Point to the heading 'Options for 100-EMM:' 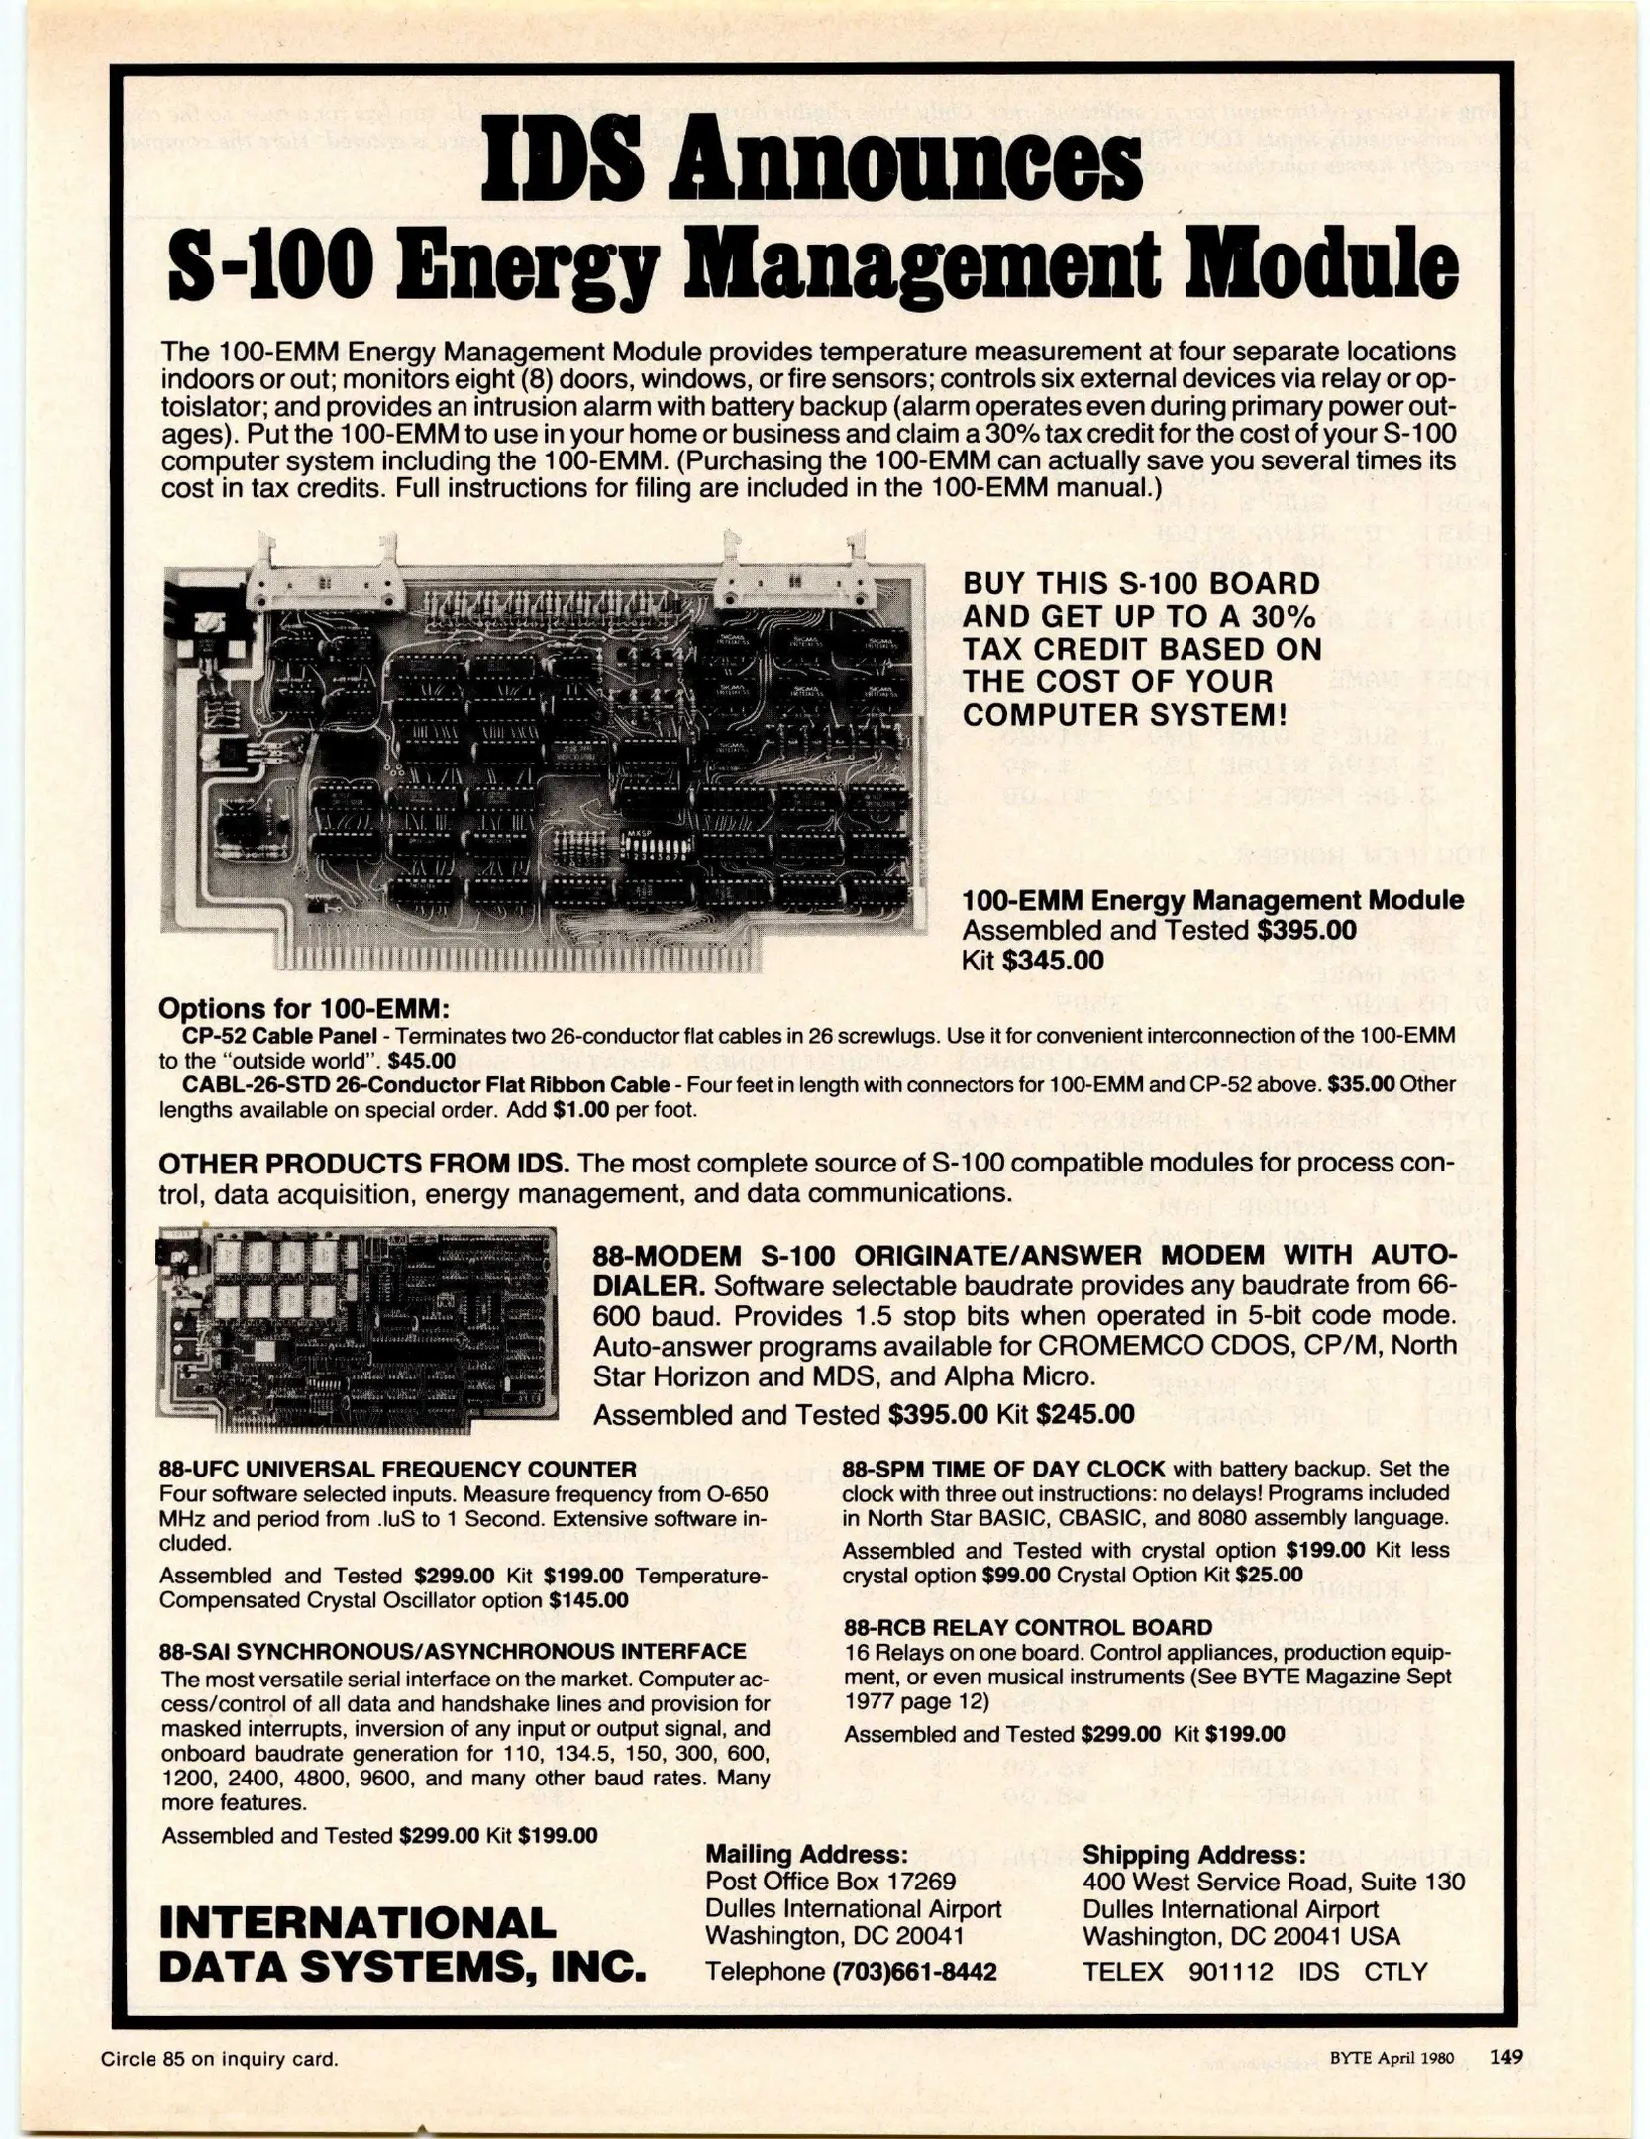point(304,1009)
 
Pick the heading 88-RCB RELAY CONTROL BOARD point(1027,1627)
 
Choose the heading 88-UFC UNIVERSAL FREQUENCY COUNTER point(397,1469)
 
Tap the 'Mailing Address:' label point(805,1854)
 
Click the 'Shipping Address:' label point(1193,1854)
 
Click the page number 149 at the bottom point(1506,2057)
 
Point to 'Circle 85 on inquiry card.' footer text point(220,2059)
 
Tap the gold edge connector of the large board point(517,956)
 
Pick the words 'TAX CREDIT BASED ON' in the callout point(1141,649)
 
